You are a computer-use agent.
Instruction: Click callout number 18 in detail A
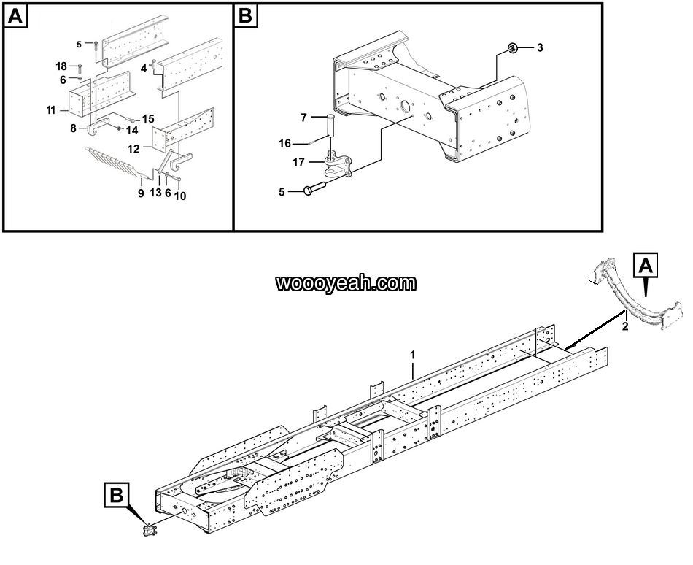[61, 67]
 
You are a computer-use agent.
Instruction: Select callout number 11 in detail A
[51, 110]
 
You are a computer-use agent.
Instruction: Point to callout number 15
[148, 118]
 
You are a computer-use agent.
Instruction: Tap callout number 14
[131, 131]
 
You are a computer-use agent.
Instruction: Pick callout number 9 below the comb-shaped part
[141, 193]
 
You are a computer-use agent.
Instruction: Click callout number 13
[155, 193]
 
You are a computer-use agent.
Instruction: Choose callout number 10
[180, 195]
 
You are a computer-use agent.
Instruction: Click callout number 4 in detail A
[144, 68]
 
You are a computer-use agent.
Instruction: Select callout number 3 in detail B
[540, 48]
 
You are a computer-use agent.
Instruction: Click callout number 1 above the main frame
[412, 355]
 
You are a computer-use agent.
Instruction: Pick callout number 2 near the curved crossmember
[624, 326]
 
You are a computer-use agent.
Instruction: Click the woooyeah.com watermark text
[346, 283]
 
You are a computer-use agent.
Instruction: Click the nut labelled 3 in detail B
[513, 49]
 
